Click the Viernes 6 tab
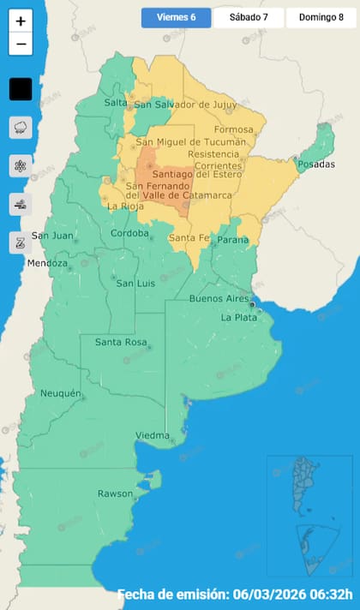click(x=176, y=17)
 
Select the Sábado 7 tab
click(x=249, y=17)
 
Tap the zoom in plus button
click(x=21, y=21)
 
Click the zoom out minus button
click(x=21, y=44)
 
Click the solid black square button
click(x=21, y=88)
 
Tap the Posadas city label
click(x=318, y=164)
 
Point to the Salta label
click(x=115, y=103)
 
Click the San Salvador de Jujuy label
click(x=183, y=105)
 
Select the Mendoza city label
click(x=46, y=263)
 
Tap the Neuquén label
click(x=61, y=393)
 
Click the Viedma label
click(x=153, y=435)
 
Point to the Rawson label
click(x=116, y=493)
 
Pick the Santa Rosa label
click(x=118, y=343)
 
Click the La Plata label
click(x=238, y=317)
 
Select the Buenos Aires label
click(x=219, y=298)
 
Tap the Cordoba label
click(x=131, y=233)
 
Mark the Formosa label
click(x=241, y=130)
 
